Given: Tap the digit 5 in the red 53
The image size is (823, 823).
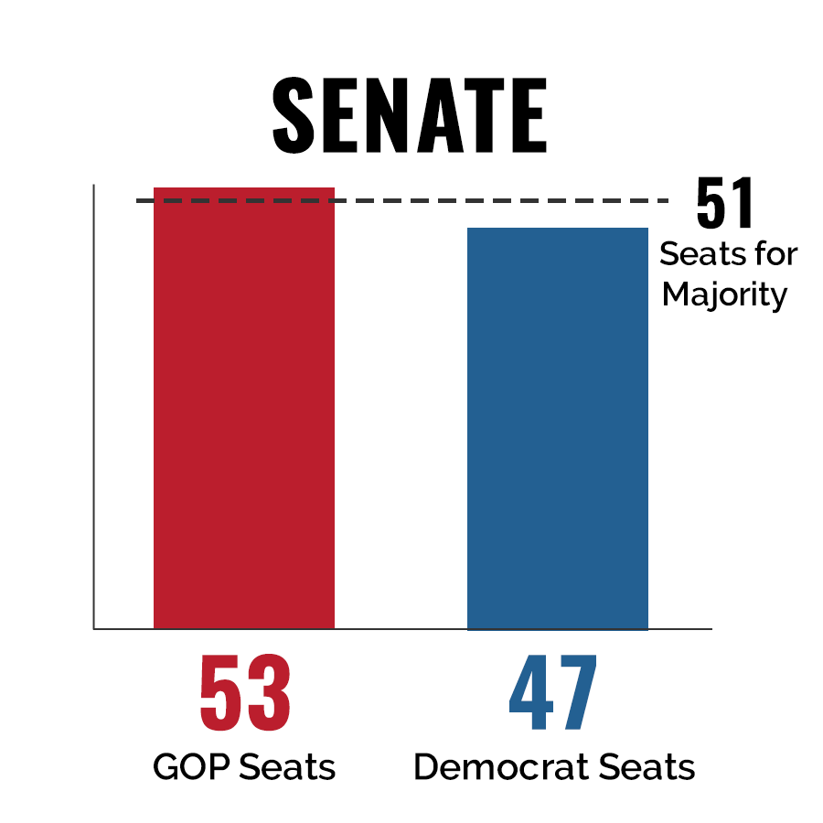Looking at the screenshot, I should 222,692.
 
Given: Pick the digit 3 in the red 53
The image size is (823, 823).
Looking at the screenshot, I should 269,692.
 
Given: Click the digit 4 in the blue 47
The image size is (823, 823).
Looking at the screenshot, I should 530,692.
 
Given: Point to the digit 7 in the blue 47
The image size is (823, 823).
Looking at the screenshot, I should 577,692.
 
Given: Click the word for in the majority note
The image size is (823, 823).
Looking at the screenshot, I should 775,253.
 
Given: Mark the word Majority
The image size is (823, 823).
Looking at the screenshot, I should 724,296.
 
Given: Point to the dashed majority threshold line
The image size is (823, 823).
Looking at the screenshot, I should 402,200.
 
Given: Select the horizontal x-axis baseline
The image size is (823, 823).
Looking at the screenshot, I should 402,629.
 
